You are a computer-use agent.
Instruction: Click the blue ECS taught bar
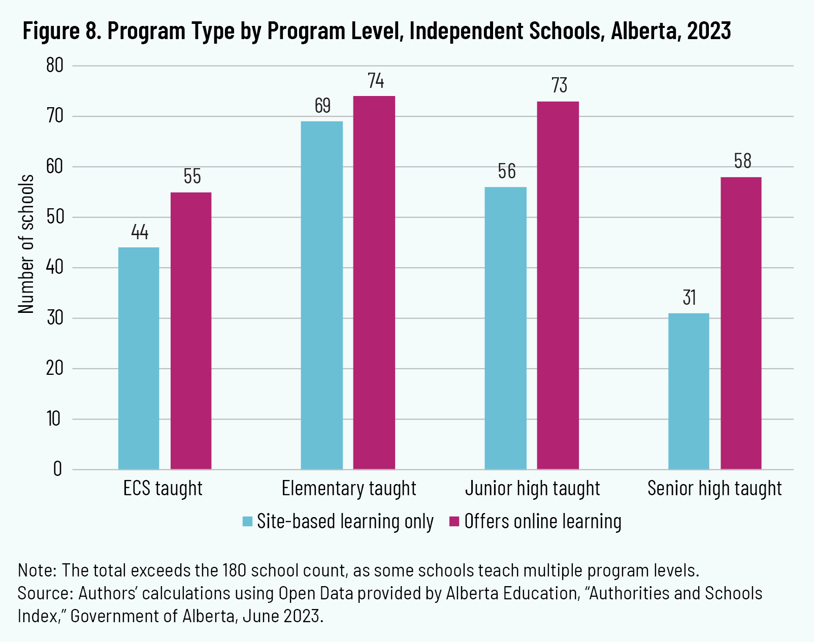[139, 358]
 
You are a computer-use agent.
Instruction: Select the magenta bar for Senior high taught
[741, 323]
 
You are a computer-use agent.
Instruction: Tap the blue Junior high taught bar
[505, 328]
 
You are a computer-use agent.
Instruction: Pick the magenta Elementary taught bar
[374, 282]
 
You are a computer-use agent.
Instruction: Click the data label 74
[376, 81]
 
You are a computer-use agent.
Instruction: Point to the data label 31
[689, 298]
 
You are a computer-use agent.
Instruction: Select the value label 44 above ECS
[140, 232]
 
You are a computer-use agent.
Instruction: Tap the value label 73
[559, 85]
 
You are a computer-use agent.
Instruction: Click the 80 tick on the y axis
[55, 66]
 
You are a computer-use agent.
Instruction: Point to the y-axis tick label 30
[55, 318]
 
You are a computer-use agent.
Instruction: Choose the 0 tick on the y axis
[57, 469]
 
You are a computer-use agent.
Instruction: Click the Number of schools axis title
[26, 244]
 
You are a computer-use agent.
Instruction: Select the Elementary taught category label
[349, 489]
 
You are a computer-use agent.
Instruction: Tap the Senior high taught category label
[714, 489]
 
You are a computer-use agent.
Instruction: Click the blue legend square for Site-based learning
[247, 522]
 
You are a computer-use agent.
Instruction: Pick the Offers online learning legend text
[542, 522]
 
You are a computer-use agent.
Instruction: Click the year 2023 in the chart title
[709, 31]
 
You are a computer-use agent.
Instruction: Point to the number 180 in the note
[234, 570]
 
